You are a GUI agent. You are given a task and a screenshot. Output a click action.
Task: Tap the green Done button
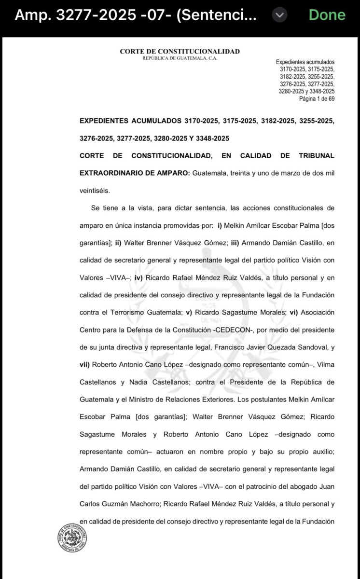click(327, 15)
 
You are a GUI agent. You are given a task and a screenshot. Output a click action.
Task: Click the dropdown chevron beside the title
click(279, 15)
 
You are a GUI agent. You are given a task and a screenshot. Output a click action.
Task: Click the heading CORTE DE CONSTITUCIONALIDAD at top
click(180, 52)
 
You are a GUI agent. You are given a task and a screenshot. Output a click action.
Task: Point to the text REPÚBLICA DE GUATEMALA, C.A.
click(180, 58)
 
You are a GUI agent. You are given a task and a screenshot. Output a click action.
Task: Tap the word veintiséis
click(95, 191)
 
